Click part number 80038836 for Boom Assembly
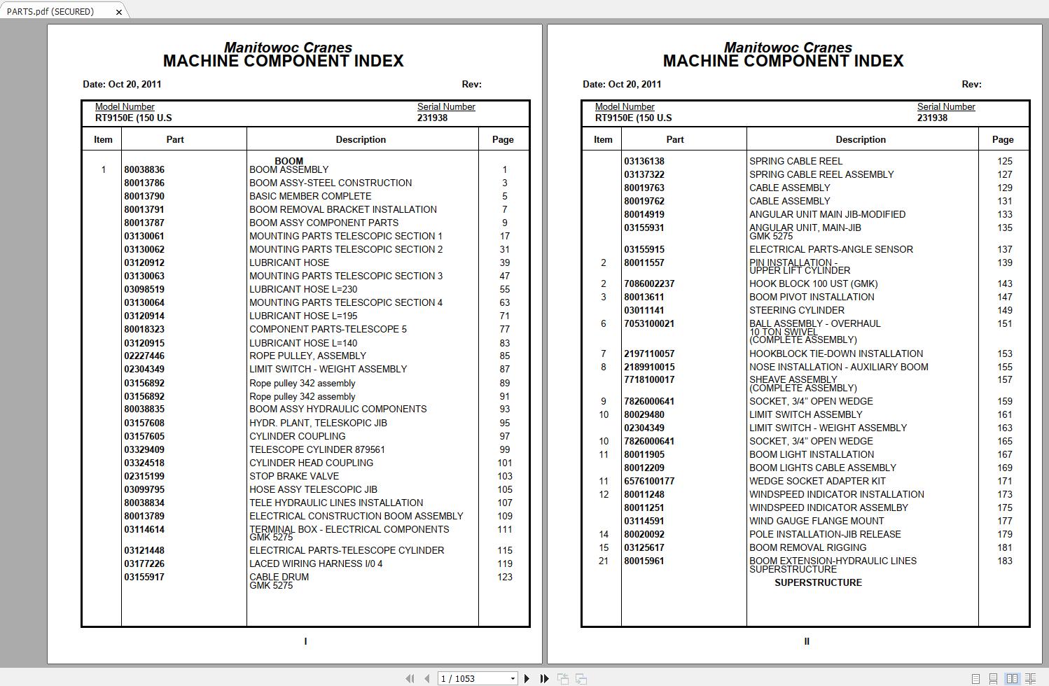144,169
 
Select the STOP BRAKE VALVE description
294,476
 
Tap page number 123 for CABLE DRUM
505,577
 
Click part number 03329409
144,449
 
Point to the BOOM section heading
289,161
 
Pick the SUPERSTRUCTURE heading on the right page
818,582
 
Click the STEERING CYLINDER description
797,310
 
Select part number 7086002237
649,283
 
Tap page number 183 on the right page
1005,561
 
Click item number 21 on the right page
604,561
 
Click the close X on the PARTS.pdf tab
118,12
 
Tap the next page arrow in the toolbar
527,678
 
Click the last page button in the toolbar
544,678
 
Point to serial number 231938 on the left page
432,118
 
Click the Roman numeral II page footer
807,641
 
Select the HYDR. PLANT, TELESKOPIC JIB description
318,423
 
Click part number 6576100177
649,481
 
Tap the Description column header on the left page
361,139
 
